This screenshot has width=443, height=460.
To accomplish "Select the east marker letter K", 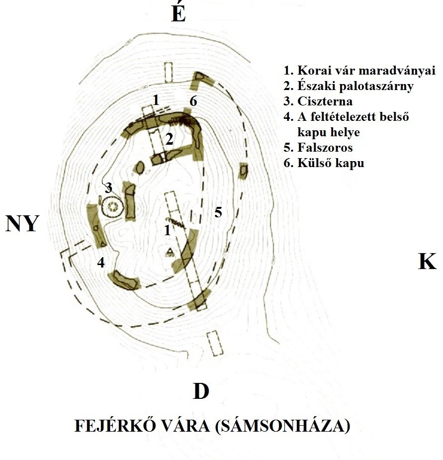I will (427, 261).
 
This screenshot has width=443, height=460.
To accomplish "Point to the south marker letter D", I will (200, 391).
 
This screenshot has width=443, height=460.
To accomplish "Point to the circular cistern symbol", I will (112, 206).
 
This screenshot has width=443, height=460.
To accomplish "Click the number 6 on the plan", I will (193, 101).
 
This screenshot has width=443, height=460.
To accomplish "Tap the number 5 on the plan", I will (218, 212).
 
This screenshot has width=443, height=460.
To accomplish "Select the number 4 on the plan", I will (101, 263).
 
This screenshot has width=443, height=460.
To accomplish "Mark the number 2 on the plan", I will (169, 140).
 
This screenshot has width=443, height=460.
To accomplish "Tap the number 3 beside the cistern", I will (108, 188).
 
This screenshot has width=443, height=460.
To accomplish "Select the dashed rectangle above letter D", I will (213, 343).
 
